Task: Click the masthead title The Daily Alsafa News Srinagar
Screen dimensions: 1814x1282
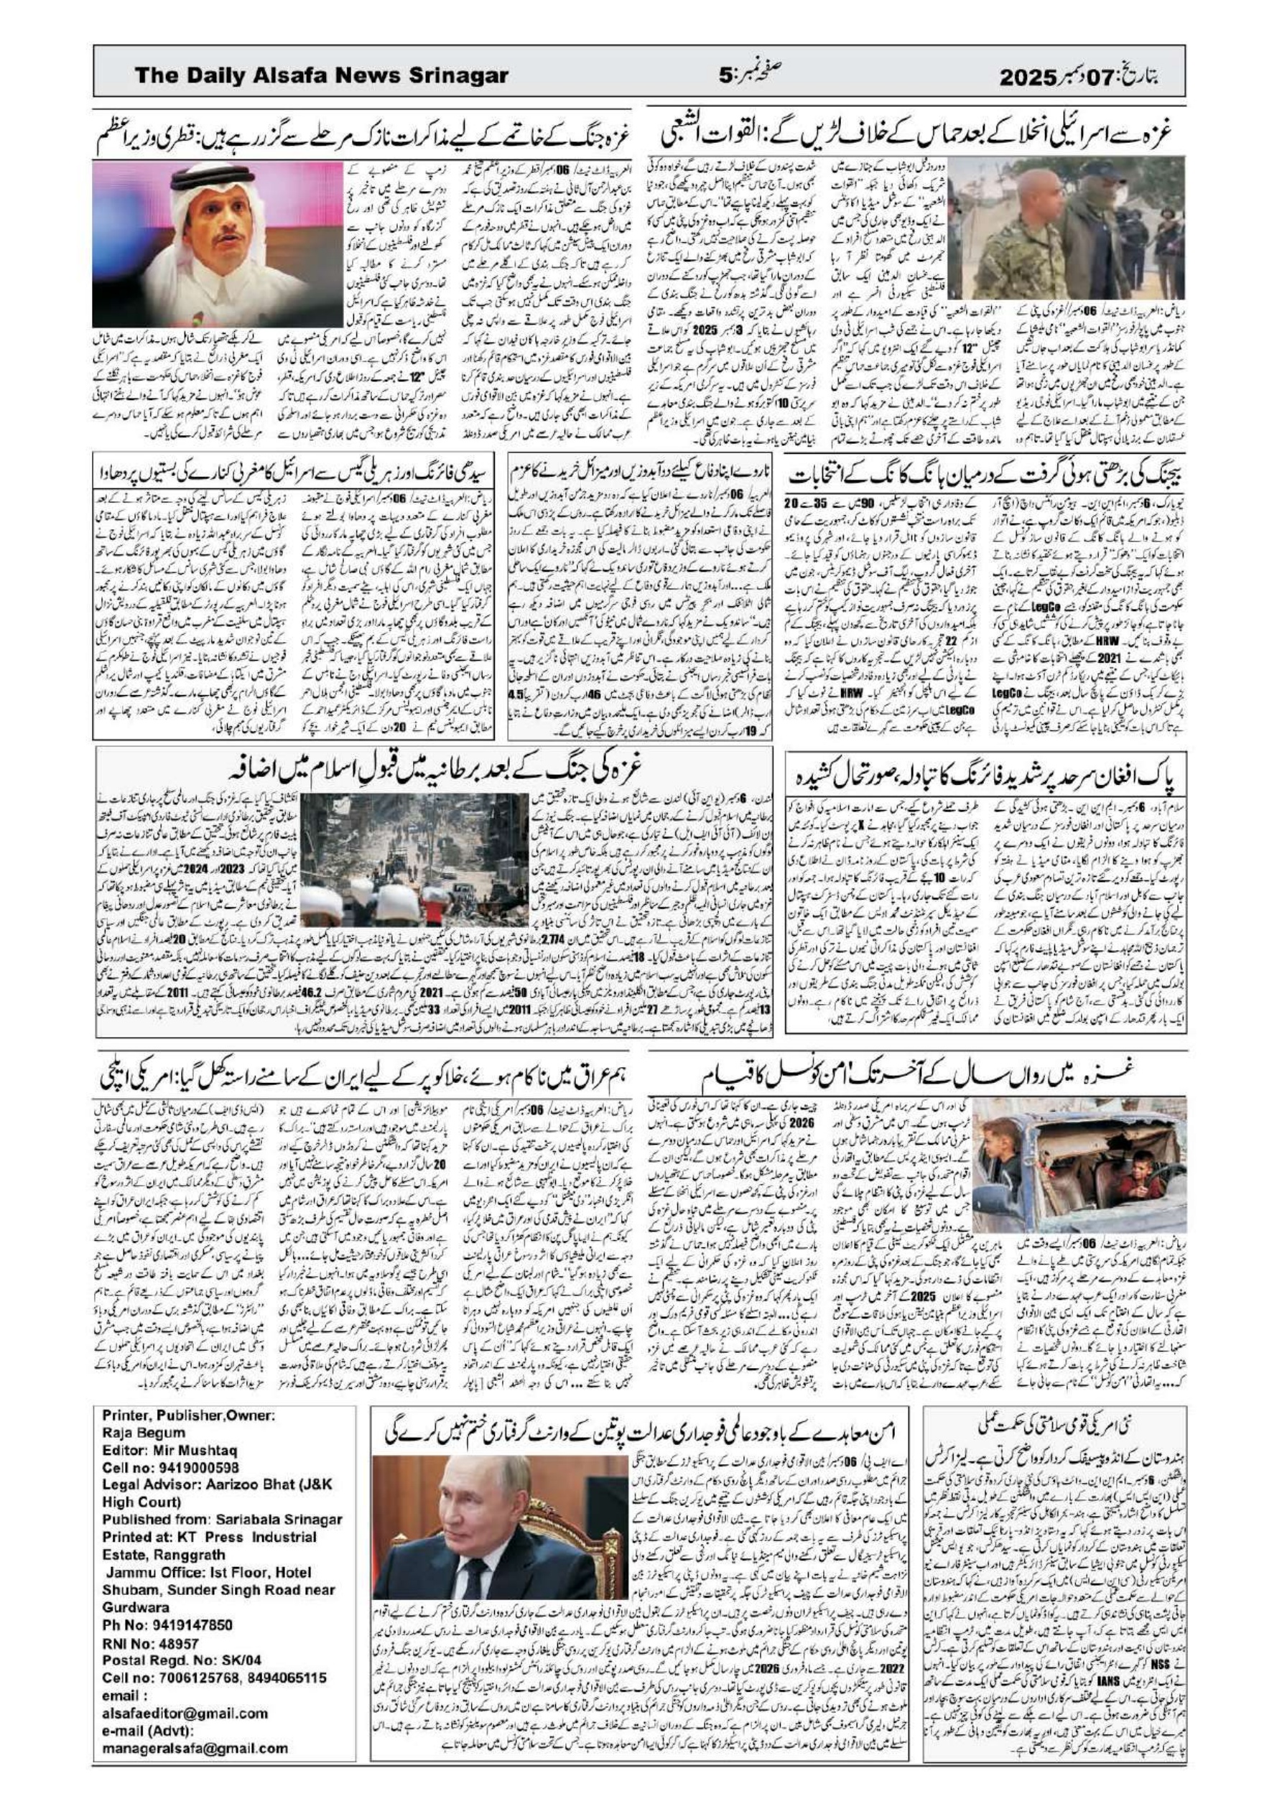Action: pyautogui.click(x=321, y=76)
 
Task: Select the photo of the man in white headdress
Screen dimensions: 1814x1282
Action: pyautogui.click(x=218, y=243)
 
